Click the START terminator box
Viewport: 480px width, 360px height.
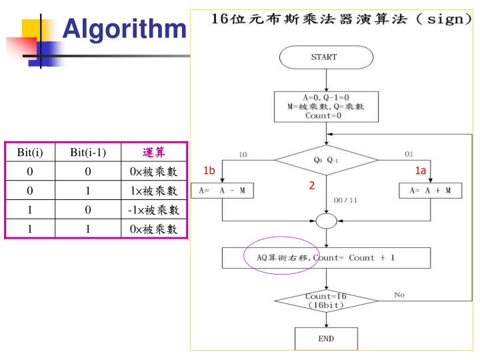(x=326, y=57)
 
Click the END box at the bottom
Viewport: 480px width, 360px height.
(x=326, y=338)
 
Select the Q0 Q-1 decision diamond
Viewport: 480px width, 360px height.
(x=326, y=160)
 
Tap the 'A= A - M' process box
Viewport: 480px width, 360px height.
(x=222, y=191)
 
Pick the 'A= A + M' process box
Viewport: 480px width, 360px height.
(x=430, y=191)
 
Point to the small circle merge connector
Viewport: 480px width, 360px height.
(x=326, y=221)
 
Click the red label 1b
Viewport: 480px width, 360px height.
(x=210, y=171)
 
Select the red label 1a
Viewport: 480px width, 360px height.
(x=420, y=171)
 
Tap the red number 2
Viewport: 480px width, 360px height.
(x=311, y=186)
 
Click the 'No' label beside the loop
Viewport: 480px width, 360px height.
(x=400, y=294)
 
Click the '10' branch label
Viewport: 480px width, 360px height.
(x=243, y=155)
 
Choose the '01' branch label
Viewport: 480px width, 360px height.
(x=408, y=154)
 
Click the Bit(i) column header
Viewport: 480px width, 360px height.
(x=30, y=153)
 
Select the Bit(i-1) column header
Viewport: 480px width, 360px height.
(x=88, y=153)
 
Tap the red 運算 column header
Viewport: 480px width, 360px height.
(x=154, y=153)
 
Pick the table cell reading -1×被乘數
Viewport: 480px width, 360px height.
(x=154, y=210)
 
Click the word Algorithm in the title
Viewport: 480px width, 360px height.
(x=124, y=29)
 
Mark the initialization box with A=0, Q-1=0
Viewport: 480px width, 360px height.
(x=326, y=107)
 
